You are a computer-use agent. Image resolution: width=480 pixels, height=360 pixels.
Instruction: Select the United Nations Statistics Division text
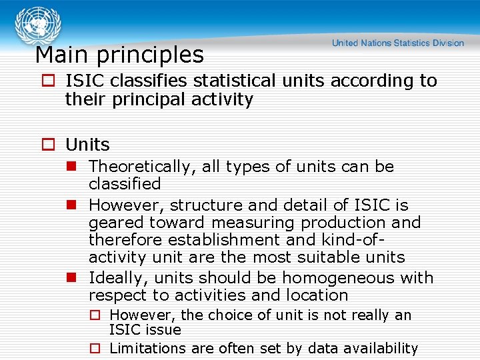point(398,43)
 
